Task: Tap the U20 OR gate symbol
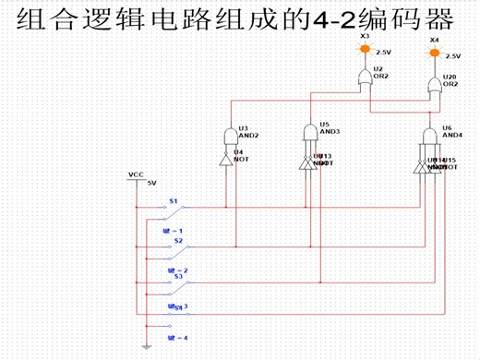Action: coord(432,89)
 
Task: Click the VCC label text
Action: coord(136,174)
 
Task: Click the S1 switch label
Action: coord(173,200)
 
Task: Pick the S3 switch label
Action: coord(178,275)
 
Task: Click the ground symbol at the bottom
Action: coord(146,347)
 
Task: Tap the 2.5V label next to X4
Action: coord(452,55)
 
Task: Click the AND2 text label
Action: coord(248,136)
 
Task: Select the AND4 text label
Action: coord(452,135)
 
